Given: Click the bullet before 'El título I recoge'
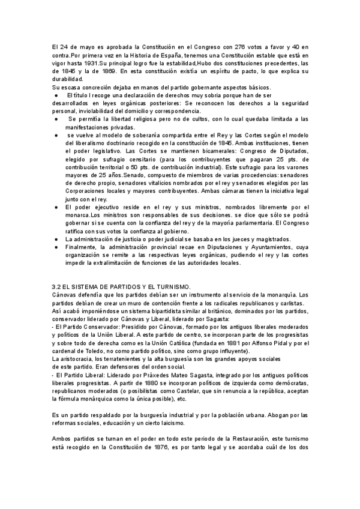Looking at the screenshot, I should [55, 95].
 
